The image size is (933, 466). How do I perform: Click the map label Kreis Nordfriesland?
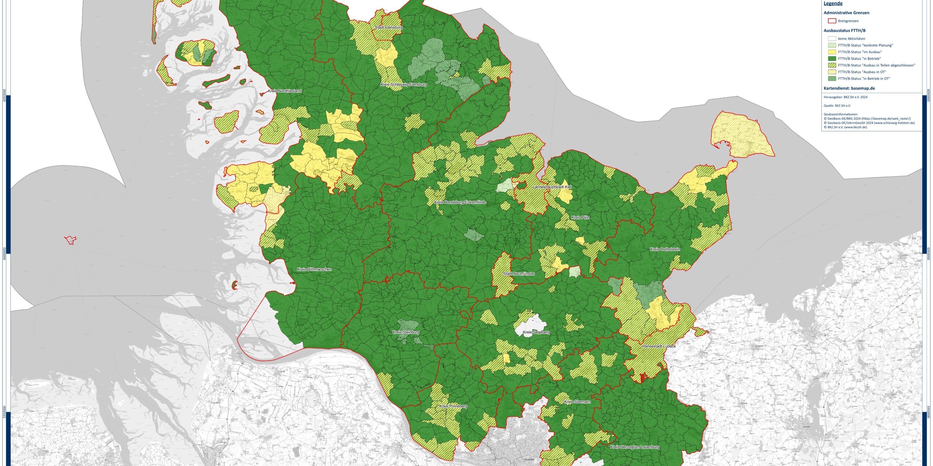284,91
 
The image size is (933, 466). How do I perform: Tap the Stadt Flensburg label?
389,28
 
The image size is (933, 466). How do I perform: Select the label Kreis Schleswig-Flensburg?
403,84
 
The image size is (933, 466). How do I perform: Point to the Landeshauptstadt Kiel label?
552,187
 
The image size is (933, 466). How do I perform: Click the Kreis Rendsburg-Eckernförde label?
460,202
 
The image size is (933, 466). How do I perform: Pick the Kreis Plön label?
580,218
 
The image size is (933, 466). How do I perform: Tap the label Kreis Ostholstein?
665,250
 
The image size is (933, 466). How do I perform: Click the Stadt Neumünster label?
519,274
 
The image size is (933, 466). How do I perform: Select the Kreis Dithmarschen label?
314,269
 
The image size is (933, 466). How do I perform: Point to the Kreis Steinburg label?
406,332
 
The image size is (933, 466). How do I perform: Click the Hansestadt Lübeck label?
659,346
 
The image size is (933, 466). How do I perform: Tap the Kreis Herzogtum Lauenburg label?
635,447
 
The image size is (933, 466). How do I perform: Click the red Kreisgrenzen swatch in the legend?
832,21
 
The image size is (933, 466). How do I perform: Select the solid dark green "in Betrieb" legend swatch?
832,59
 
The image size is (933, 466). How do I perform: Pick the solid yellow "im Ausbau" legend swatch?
832,52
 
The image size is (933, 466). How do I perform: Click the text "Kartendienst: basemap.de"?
849,88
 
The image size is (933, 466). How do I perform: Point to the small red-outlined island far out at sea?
70,240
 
